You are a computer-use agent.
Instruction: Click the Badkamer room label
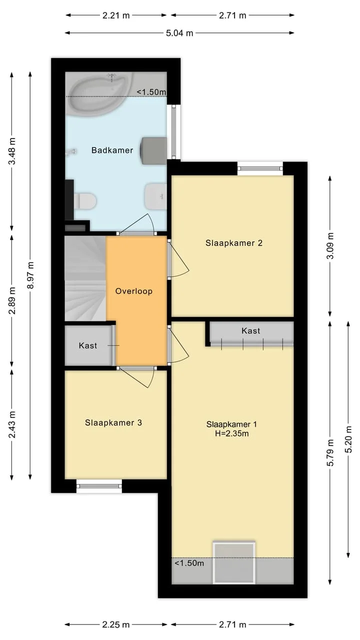tap(112, 150)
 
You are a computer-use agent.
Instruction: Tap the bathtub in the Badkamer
tap(100, 94)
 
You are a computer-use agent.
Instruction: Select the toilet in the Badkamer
tap(84, 201)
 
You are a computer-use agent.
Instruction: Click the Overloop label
tap(133, 291)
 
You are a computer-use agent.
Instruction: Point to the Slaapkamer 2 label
tap(234, 243)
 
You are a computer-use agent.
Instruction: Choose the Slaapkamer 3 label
tap(113, 422)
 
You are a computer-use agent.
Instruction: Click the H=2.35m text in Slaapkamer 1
tap(231, 433)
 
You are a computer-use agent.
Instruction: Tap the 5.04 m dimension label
tap(179, 33)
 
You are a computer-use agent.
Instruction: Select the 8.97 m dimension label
tap(30, 275)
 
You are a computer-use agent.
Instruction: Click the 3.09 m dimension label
tap(330, 245)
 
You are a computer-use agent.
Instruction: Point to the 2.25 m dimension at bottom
tap(116, 624)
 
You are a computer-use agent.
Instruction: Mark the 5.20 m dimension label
tap(348, 439)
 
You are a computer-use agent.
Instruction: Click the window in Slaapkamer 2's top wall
tap(260, 168)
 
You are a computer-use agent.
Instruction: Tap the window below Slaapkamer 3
tap(99, 486)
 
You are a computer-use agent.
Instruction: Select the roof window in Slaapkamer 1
tap(234, 563)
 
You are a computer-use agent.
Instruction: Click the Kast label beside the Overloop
tap(88, 345)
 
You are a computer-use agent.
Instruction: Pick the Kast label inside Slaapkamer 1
tap(251, 331)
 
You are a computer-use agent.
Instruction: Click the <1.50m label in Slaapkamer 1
tap(189, 563)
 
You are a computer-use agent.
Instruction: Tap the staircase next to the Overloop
tap(85, 278)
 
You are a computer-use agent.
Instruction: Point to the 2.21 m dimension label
tap(116, 15)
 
